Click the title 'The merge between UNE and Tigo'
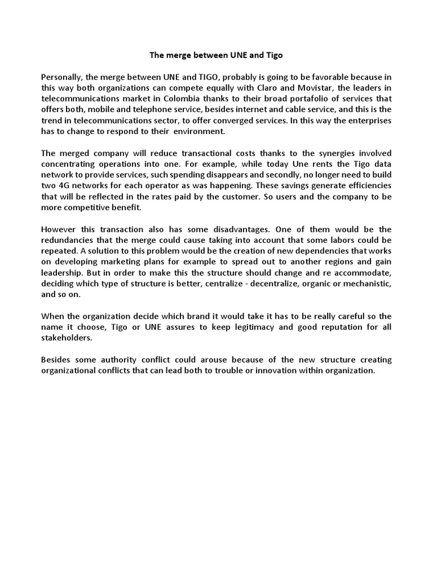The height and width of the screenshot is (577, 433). pyautogui.click(x=216, y=56)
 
